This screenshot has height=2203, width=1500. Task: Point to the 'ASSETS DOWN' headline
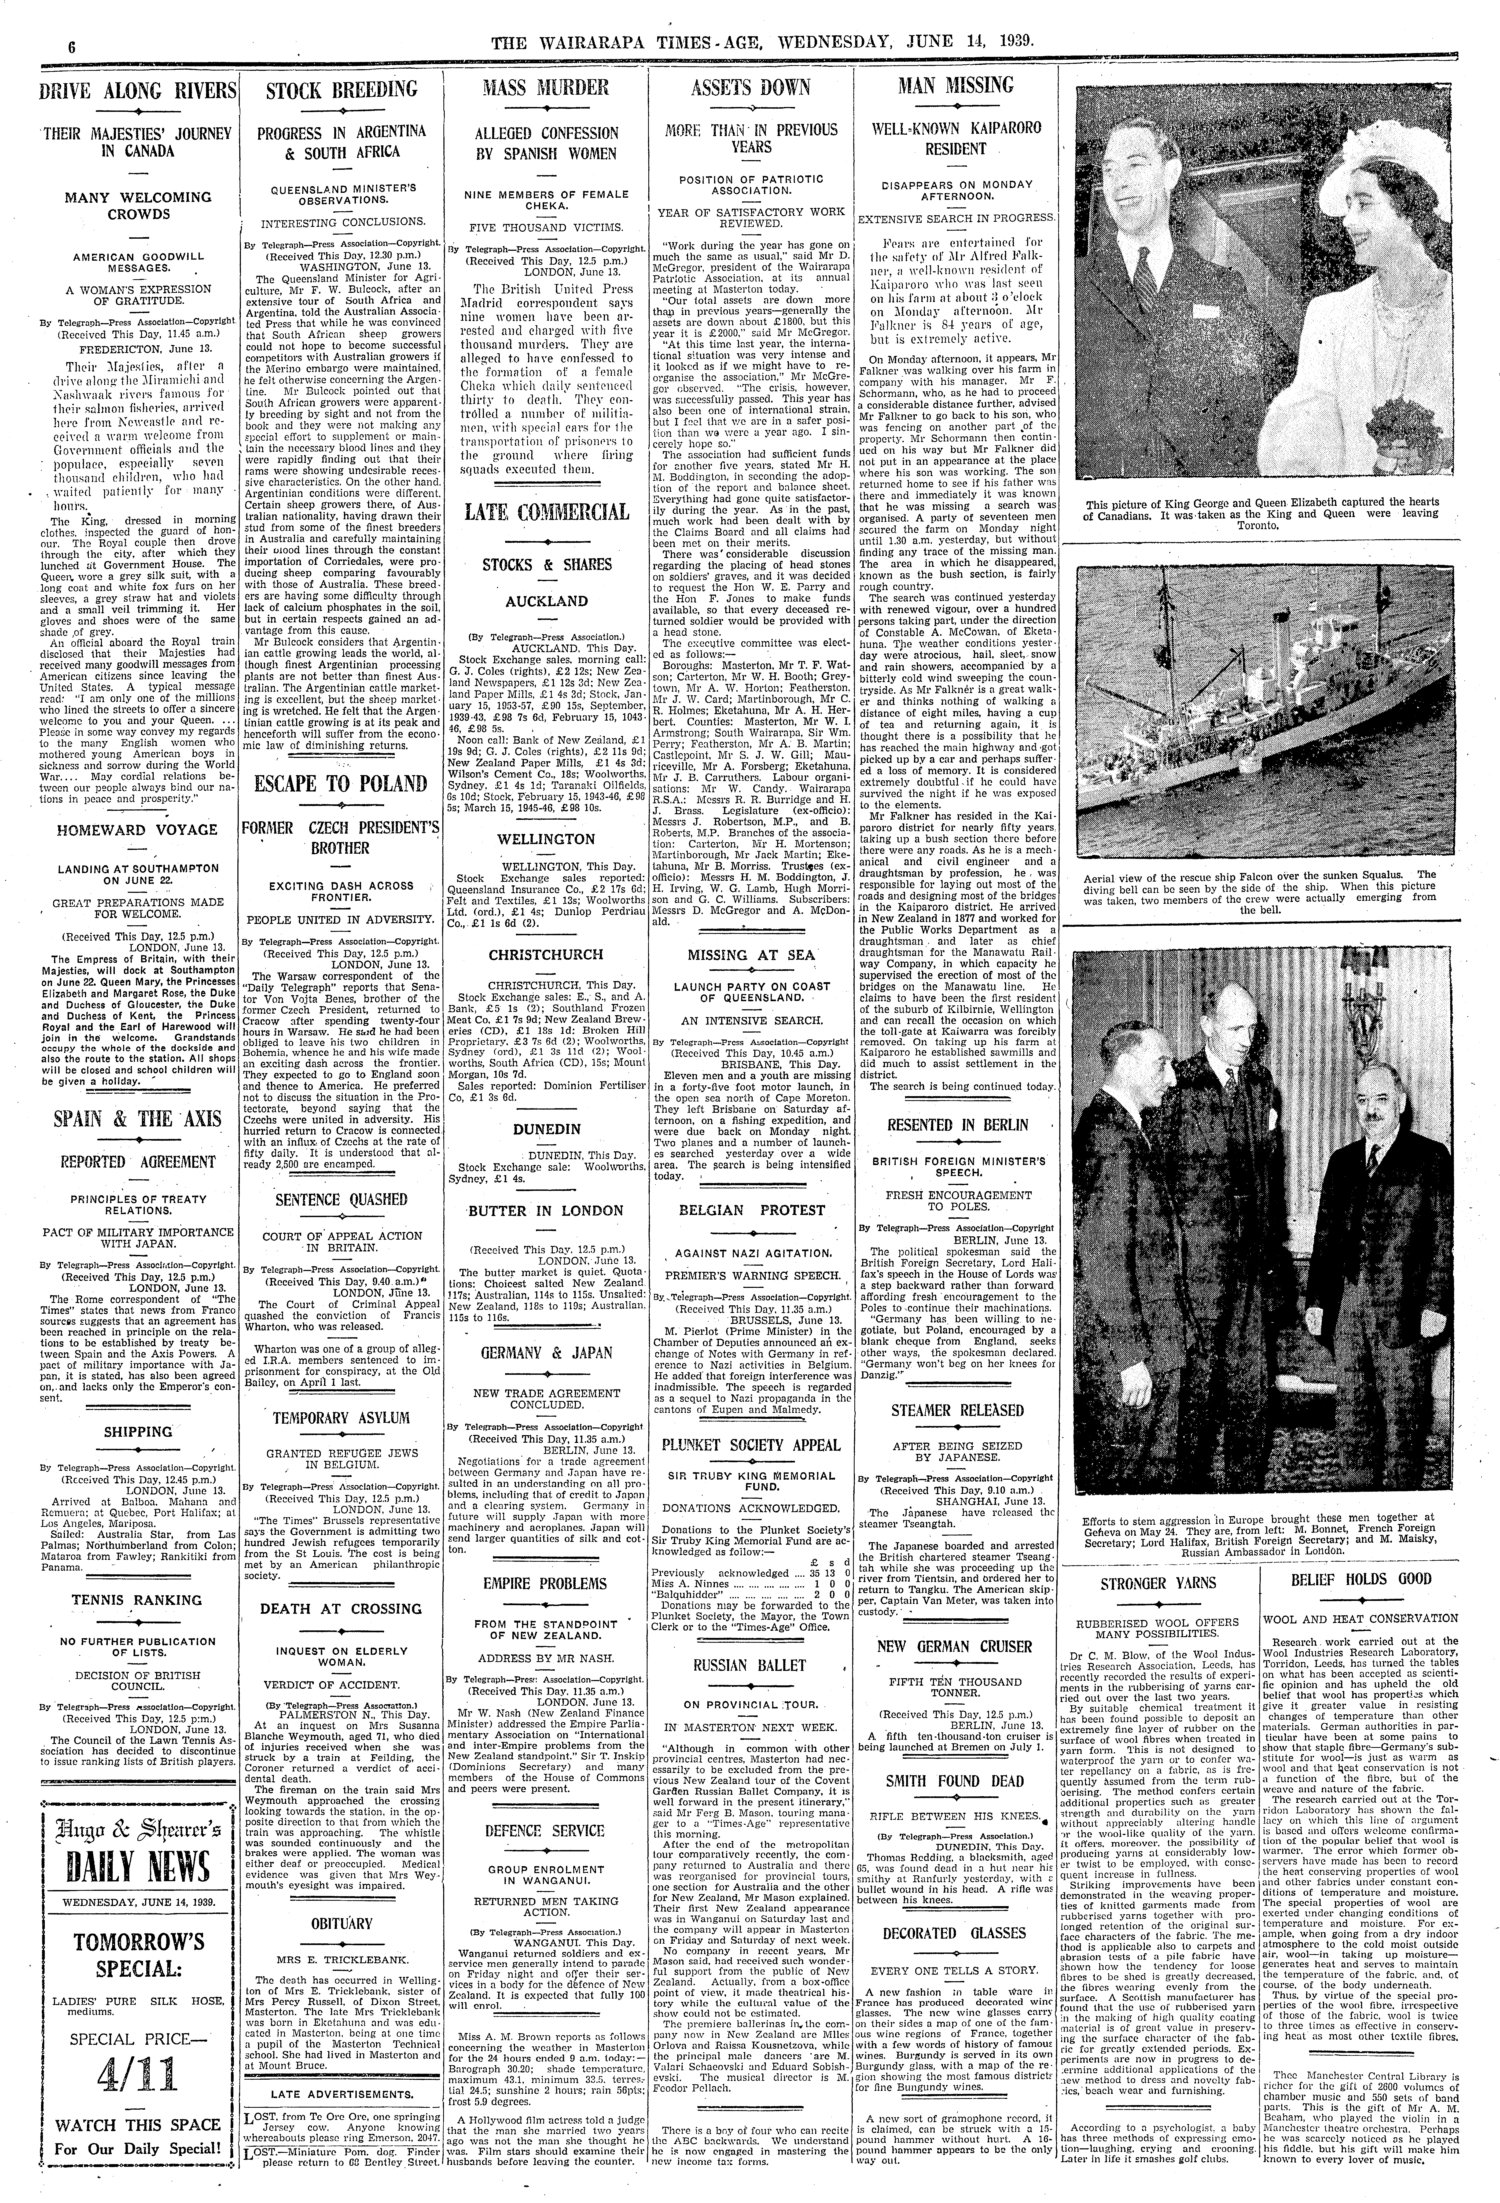(750, 88)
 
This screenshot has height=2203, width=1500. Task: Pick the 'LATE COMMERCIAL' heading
(545, 513)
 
